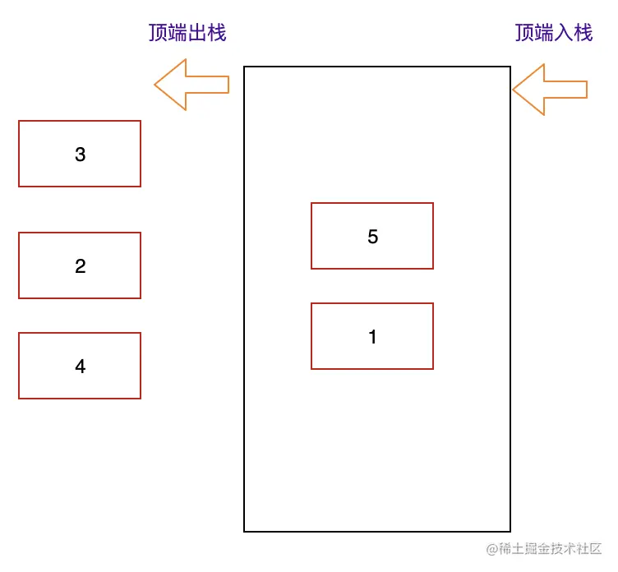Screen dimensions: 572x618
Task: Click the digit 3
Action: coord(80,155)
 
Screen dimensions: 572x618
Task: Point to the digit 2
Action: coord(80,266)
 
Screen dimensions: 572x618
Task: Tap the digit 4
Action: coord(80,367)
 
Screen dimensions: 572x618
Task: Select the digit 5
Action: coord(372,237)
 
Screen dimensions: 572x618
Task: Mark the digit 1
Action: coord(372,337)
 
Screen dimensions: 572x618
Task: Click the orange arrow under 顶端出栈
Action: coord(191,85)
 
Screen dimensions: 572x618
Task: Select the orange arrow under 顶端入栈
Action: coord(549,89)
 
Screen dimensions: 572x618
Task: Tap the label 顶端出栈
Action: coord(187,33)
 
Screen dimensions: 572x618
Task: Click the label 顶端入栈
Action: coord(553,33)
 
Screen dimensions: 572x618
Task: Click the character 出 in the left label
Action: coord(196,33)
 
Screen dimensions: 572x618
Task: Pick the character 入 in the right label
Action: coord(563,33)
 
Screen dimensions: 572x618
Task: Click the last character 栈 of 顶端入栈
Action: coord(583,33)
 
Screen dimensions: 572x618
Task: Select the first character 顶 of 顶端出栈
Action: coord(157,33)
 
